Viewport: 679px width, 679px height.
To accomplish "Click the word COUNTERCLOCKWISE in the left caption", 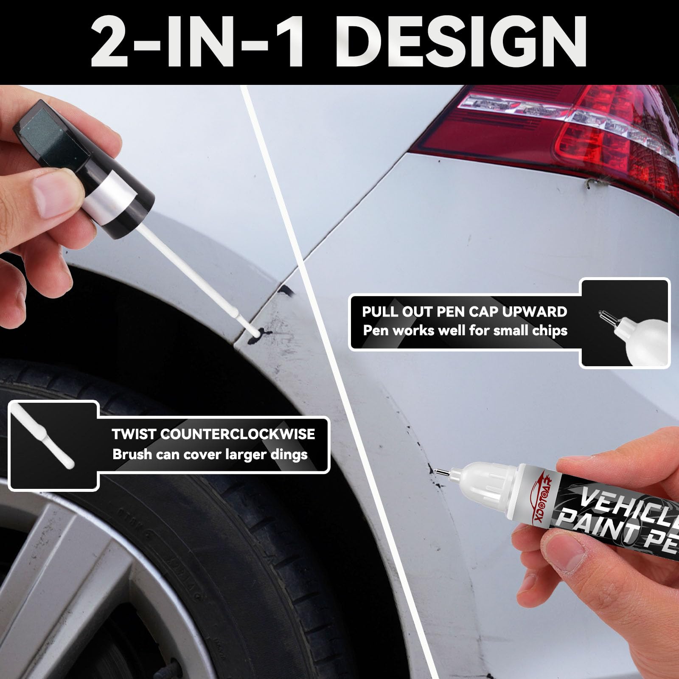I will coord(238,434).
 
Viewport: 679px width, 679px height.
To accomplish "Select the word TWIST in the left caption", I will coord(134,434).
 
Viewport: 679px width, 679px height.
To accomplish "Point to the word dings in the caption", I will coord(289,455).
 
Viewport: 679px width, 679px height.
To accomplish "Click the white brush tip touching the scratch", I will coord(254,332).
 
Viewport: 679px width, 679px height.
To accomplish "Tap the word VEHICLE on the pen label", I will coord(628,507).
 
